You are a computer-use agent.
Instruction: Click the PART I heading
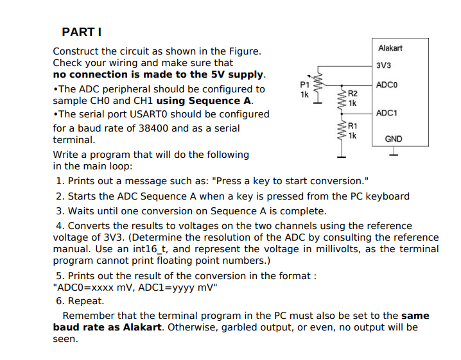point(82,31)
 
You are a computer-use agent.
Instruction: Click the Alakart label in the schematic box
point(390,48)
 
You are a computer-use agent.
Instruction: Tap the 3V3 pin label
point(384,65)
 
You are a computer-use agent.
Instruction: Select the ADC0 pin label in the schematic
point(387,85)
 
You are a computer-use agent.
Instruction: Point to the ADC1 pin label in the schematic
point(387,113)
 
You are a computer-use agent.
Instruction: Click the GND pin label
point(393,139)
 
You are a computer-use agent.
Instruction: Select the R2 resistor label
point(352,94)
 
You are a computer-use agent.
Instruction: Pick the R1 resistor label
point(352,126)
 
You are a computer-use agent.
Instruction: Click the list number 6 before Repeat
point(59,301)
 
